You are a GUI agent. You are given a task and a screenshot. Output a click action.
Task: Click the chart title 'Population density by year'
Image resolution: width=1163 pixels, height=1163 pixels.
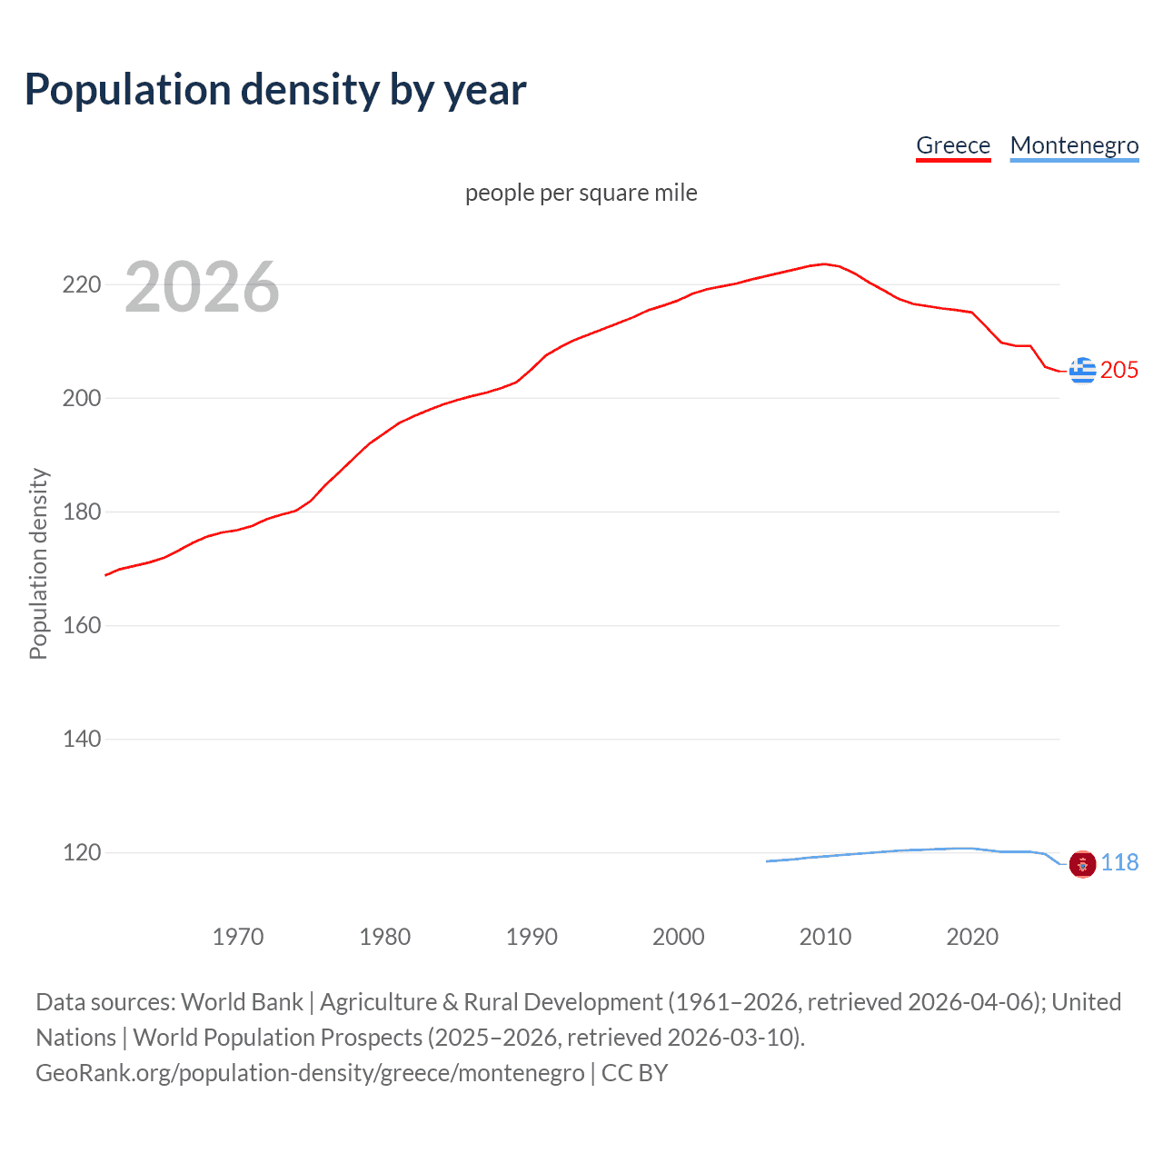click(275, 90)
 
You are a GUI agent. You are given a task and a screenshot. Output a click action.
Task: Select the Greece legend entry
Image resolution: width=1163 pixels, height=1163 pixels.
click(952, 145)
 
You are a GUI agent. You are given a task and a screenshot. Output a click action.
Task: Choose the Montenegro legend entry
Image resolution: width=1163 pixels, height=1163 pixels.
click(1074, 145)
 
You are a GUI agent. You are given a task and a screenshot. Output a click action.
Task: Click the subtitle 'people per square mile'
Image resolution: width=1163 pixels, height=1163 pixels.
click(581, 193)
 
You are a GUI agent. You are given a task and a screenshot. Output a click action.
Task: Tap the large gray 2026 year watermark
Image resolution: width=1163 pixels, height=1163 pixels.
click(202, 287)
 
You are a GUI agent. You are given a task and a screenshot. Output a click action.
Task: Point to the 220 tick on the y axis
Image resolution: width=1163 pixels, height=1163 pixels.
click(81, 285)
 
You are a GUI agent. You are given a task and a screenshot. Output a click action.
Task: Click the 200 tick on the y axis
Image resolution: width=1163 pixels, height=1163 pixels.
click(81, 399)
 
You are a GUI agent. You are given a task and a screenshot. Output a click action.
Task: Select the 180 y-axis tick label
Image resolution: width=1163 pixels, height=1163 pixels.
click(81, 512)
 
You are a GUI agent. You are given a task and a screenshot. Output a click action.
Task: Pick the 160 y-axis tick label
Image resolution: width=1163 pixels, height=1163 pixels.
click(81, 626)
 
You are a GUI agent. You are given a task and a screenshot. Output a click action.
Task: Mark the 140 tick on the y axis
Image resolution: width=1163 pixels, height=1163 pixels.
click(81, 740)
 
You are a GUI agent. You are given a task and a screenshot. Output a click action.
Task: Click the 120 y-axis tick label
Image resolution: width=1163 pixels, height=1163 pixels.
click(81, 853)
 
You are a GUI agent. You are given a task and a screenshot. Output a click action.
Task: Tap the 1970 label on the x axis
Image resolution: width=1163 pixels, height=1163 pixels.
click(238, 937)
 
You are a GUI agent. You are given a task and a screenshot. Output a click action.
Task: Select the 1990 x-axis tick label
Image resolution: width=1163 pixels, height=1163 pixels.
click(532, 937)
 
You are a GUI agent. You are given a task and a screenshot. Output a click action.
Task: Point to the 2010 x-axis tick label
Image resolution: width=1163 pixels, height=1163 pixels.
click(825, 937)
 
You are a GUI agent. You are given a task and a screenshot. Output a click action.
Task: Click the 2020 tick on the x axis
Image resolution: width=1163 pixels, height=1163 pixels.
click(972, 937)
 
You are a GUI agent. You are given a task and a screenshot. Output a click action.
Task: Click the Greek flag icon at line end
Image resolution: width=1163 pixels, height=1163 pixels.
click(1082, 371)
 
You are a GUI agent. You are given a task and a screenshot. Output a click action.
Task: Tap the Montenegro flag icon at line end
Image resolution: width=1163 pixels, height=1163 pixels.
click(1082, 864)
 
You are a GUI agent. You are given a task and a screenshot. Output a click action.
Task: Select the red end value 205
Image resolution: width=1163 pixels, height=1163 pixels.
click(1119, 371)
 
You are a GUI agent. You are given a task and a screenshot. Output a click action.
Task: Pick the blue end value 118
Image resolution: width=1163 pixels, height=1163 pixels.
click(1119, 863)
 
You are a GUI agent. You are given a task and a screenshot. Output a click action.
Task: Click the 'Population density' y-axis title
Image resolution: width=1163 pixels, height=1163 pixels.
click(38, 563)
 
